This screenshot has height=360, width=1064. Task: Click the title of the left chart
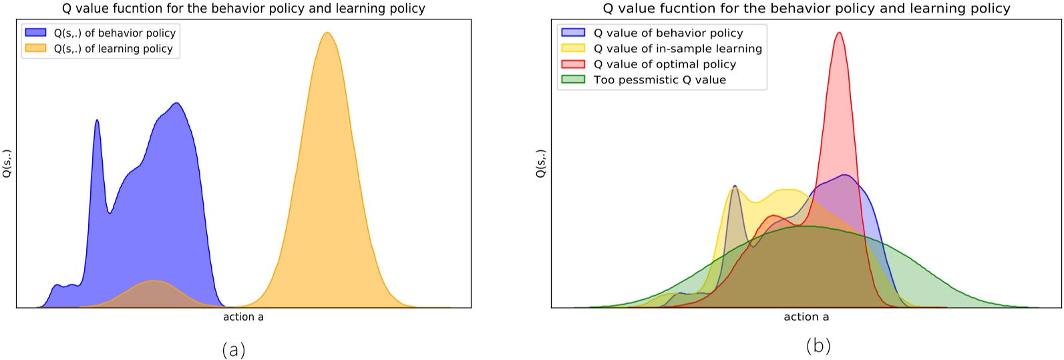pyautogui.click(x=243, y=9)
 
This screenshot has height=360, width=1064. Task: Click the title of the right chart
pyautogui.click(x=806, y=9)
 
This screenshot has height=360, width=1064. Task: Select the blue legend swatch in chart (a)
pyautogui.click(x=35, y=33)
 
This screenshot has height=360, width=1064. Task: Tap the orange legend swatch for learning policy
pyautogui.click(x=35, y=48)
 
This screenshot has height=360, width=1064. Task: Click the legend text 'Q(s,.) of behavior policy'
pyautogui.click(x=114, y=33)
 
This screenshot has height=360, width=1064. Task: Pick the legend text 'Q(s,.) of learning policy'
pyautogui.click(x=112, y=48)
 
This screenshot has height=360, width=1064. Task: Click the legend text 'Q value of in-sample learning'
pyautogui.click(x=677, y=48)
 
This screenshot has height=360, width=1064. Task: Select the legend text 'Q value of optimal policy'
pyautogui.click(x=665, y=64)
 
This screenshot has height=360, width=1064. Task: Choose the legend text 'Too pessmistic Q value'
pyautogui.click(x=659, y=79)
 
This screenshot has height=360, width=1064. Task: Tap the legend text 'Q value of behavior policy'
pyautogui.click(x=668, y=33)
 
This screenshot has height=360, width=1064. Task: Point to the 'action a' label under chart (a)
pyautogui.click(x=243, y=317)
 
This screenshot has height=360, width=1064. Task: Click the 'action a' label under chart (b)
pyautogui.click(x=806, y=317)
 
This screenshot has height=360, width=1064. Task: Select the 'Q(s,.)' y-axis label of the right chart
pyautogui.click(x=542, y=164)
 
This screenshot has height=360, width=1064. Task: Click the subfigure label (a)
pyautogui.click(x=233, y=348)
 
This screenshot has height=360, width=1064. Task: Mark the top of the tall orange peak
pyautogui.click(x=327, y=33)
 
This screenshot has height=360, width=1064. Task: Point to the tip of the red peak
pyautogui.click(x=839, y=33)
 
